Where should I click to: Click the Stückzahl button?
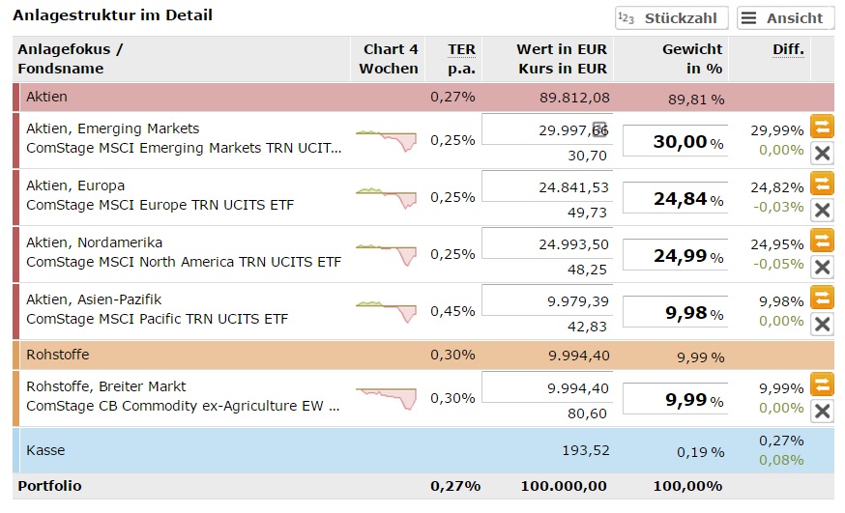[672, 18]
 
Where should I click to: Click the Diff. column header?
[788, 49]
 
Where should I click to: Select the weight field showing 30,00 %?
[675, 142]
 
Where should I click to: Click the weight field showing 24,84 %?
[675, 199]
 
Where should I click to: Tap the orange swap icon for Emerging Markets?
[822, 127]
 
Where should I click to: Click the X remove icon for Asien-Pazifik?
[822, 324]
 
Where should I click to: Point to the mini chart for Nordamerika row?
[386, 254]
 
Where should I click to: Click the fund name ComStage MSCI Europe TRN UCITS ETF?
[160, 205]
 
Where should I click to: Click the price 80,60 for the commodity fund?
[587, 413]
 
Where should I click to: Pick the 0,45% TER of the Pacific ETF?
[452, 311]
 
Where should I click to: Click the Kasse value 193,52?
[585, 450]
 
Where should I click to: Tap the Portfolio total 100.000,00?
[564, 486]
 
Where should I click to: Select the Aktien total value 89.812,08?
[574, 97]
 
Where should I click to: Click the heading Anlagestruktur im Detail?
[112, 15]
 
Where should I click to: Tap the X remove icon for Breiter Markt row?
[822, 411]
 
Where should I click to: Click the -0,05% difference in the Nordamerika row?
[780, 264]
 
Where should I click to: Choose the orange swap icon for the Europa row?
[822, 184]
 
